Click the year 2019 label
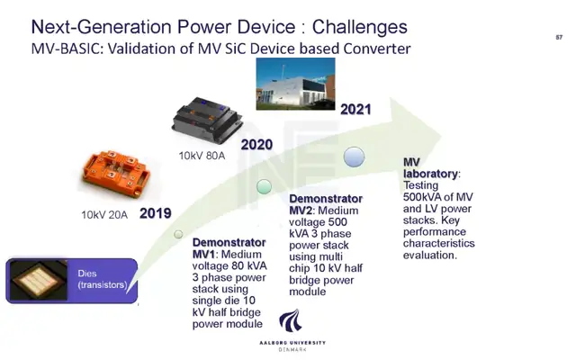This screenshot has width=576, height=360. (156, 213)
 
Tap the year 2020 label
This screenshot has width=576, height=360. (256, 144)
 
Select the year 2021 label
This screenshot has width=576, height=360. (355, 109)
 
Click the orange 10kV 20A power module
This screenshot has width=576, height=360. (116, 173)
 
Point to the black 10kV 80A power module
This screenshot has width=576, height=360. (208, 120)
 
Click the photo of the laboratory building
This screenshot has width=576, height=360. (296, 84)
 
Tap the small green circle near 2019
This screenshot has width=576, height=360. (178, 234)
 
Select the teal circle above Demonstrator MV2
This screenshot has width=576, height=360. (264, 186)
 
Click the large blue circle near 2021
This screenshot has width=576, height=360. (354, 157)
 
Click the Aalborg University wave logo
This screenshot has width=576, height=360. (291, 320)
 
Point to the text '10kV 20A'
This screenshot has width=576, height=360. (104, 215)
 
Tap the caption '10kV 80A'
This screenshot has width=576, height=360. (202, 156)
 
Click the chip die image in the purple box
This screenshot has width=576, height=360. (39, 280)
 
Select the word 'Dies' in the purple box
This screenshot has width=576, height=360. (87, 274)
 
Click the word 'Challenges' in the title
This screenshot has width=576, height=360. (360, 27)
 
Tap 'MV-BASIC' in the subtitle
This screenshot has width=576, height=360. (66, 49)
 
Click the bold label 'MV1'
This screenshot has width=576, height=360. (205, 254)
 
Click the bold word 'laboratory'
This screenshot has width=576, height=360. (430, 174)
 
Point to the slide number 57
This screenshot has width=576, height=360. (559, 37)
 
